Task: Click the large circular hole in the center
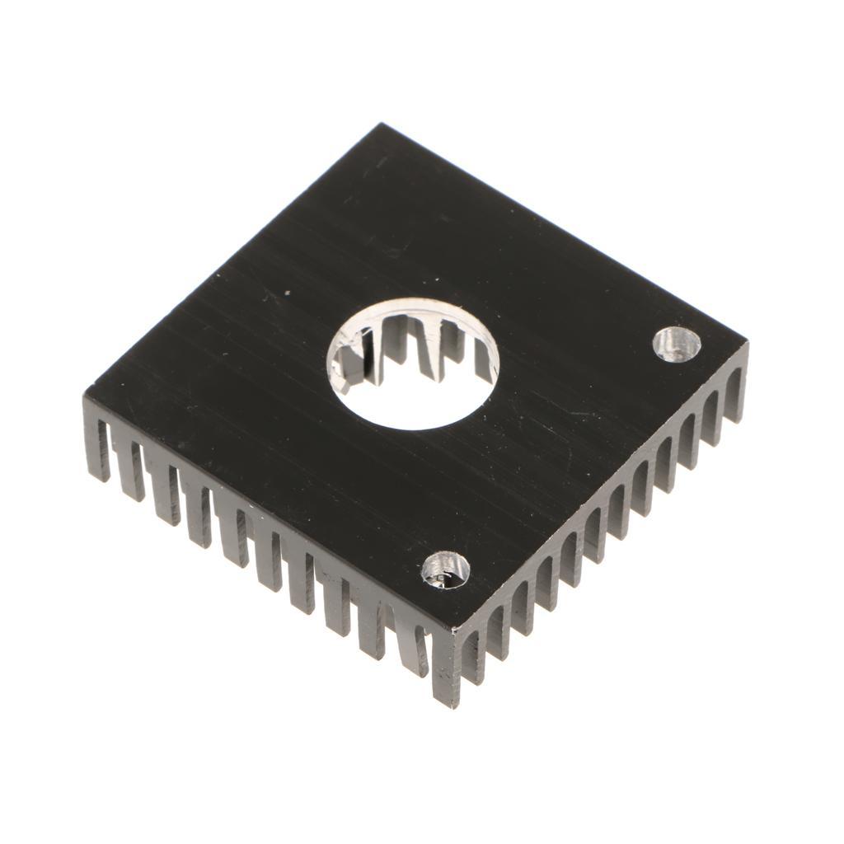pos(412,363)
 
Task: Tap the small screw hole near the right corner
pos(677,343)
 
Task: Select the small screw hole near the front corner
pos(445,570)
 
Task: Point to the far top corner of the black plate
pos(382,126)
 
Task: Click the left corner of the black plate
pos(87,396)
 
